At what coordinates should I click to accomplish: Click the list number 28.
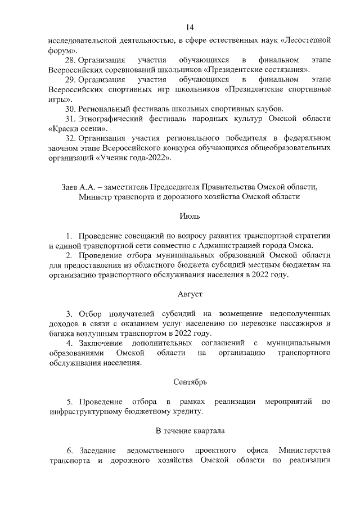[71, 60]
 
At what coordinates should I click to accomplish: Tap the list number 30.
[71, 109]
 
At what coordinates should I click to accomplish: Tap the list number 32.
[71, 138]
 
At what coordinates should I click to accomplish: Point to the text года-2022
[150, 158]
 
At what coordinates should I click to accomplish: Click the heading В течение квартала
[189, 431]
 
